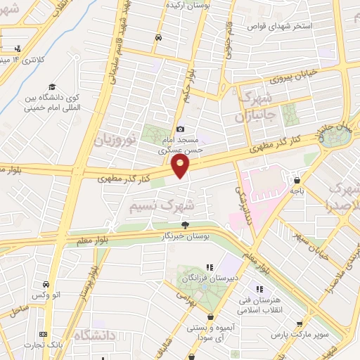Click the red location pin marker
[x=181, y=167]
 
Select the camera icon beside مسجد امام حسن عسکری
[x=181, y=129]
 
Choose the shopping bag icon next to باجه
[x=297, y=179]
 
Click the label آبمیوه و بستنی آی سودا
[x=208, y=332]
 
